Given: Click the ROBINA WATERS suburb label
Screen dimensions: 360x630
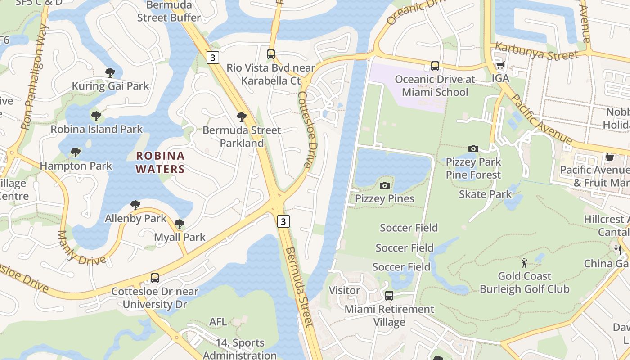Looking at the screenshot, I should click(160, 162).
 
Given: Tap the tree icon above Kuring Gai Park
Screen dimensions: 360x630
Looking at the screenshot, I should click(110, 72).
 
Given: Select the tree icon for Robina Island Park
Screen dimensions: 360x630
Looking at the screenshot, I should click(96, 116).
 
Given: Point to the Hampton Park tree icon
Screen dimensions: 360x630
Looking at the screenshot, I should click(76, 153).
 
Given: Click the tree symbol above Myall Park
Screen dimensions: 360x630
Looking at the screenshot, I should click(180, 224).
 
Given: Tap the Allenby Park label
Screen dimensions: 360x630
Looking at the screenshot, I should click(135, 219).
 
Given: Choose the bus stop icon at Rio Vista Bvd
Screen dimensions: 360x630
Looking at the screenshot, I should click(271, 54).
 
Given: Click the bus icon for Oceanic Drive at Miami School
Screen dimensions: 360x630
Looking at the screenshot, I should click(435, 66).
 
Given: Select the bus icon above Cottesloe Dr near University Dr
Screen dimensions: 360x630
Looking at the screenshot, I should click(155, 278).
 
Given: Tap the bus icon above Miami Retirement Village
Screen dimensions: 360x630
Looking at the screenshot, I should click(389, 296).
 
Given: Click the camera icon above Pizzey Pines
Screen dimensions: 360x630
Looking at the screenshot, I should click(384, 185).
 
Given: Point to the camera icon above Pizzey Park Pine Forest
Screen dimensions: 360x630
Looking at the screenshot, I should click(473, 148).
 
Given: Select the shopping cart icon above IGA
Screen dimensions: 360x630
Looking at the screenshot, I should click(500, 65).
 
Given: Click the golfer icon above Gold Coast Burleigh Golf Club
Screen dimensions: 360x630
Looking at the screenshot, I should click(524, 262).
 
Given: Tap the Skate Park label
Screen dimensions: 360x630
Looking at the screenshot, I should click(485, 194).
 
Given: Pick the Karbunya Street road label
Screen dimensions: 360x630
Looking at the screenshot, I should click(536, 51).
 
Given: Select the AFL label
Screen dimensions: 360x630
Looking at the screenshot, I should click(218, 322).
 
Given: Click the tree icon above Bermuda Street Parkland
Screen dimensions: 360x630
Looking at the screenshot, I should click(242, 117).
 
